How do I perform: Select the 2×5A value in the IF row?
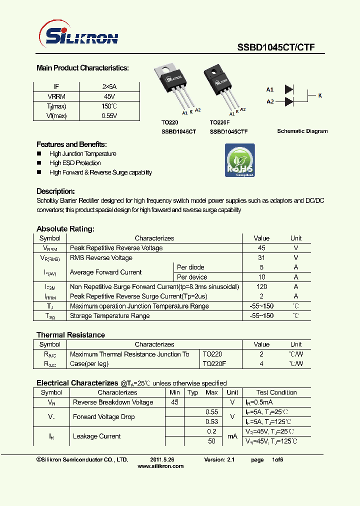point(109,86)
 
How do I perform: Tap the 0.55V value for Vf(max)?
point(109,115)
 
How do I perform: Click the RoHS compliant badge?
point(239,160)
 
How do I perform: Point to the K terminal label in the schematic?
point(320,95)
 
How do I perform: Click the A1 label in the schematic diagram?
point(270,89)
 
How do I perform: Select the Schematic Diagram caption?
point(302,131)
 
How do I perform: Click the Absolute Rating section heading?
point(65,228)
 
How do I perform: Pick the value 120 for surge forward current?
point(261,286)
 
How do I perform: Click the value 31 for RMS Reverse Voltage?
point(261,257)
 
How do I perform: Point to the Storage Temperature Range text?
point(109,315)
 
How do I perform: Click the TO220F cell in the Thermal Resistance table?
point(215,364)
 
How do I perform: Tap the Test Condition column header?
point(276,392)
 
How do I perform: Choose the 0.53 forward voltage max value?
point(212,421)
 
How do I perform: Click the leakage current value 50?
point(212,441)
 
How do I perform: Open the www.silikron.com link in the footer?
point(160,466)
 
